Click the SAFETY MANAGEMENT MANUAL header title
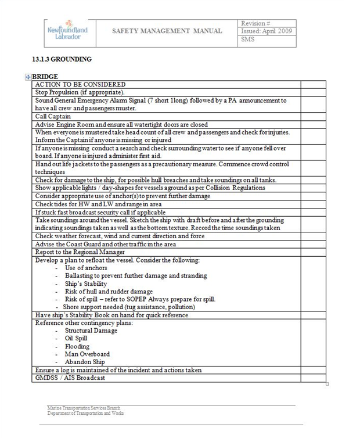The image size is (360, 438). (167, 31)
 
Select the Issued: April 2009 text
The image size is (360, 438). (267, 31)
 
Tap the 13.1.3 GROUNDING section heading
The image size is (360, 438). (62, 59)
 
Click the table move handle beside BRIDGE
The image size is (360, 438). (28, 77)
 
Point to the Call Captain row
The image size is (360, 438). (53, 116)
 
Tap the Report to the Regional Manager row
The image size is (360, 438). (81, 252)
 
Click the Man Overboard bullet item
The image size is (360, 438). (87, 354)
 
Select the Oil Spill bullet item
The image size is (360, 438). (76, 338)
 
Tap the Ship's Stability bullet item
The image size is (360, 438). (86, 283)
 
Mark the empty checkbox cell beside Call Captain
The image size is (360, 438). (313, 116)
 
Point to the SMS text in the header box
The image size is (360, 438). (248, 40)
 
